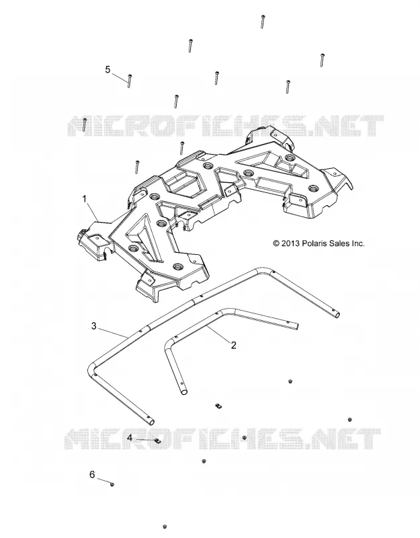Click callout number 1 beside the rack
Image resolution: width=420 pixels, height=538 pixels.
click(x=85, y=199)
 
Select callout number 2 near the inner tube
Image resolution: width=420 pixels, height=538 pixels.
click(x=233, y=345)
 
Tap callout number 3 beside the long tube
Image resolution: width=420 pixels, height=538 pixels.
click(x=94, y=325)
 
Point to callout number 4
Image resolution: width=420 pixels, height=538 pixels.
click(x=130, y=438)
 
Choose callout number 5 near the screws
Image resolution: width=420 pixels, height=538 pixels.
click(x=108, y=70)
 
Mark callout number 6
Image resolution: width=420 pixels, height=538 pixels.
click(x=92, y=475)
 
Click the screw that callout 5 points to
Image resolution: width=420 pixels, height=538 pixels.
click(x=130, y=81)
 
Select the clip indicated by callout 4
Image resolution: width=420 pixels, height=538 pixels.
click(x=158, y=440)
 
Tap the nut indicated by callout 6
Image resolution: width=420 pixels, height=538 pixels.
click(x=112, y=484)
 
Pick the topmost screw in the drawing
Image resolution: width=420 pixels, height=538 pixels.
click(x=262, y=22)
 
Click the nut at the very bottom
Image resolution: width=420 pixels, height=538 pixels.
click(x=165, y=527)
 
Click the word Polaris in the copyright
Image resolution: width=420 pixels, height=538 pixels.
click(x=312, y=243)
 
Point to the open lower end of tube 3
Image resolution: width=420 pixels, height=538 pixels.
click(x=151, y=422)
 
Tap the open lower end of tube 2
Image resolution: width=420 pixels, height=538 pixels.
click(x=184, y=391)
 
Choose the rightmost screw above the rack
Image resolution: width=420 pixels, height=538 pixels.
click(x=322, y=60)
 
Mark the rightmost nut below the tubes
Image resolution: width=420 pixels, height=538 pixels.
click(x=349, y=420)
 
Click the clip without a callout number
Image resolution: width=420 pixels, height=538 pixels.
click(x=218, y=406)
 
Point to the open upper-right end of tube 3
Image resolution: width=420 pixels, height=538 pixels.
click(x=338, y=315)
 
